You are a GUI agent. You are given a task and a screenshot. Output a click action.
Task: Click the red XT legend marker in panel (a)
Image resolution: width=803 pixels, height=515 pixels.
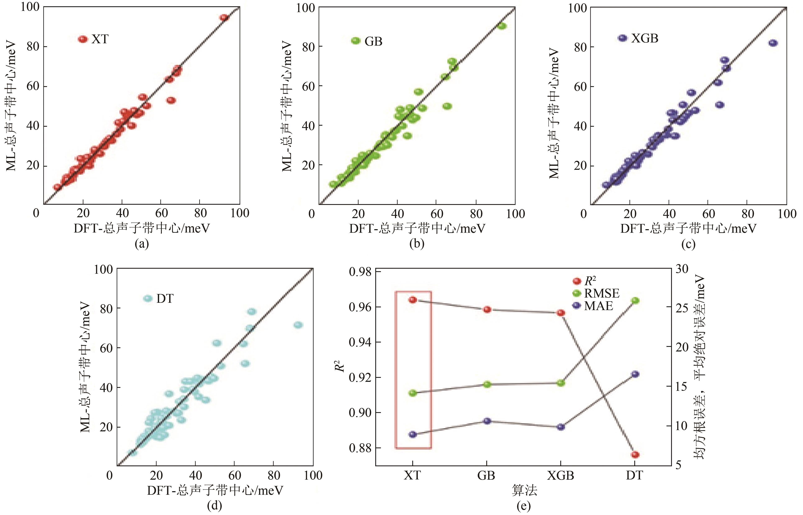click(82, 39)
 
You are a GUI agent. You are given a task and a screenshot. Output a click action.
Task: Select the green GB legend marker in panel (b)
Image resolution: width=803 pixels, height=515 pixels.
click(356, 41)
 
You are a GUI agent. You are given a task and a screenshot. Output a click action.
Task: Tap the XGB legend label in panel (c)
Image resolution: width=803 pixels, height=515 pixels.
click(645, 38)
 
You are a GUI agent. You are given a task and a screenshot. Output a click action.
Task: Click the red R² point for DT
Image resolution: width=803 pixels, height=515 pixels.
click(635, 455)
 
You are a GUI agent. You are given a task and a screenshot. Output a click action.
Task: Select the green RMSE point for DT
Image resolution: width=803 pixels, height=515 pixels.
click(635, 300)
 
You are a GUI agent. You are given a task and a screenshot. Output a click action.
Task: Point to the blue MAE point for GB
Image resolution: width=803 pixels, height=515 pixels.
click(487, 421)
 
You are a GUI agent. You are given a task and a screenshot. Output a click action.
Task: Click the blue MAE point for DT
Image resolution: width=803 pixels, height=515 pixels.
click(635, 374)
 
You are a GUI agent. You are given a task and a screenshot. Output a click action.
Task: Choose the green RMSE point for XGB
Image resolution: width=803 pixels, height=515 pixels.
click(561, 383)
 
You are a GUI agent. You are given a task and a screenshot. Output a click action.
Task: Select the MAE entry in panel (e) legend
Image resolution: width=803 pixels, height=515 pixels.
click(598, 306)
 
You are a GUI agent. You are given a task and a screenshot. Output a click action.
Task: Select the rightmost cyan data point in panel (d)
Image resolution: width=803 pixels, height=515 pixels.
click(298, 325)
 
